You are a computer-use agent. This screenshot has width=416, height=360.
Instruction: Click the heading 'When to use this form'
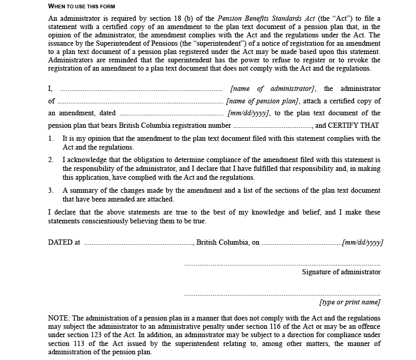(82, 6)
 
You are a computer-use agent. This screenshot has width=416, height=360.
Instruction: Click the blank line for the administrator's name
(141, 89)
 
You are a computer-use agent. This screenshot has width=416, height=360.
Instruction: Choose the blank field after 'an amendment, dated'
(172, 113)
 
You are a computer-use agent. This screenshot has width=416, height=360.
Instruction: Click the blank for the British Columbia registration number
(272, 125)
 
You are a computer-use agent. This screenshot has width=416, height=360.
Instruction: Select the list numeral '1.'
(51, 139)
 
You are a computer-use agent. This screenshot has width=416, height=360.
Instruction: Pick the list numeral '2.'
(51, 160)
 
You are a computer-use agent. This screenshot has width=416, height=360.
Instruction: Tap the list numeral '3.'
(51, 190)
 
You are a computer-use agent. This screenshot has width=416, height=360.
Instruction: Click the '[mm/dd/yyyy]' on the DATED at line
(362, 243)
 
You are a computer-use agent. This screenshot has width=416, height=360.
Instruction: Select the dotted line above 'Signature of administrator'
(282, 264)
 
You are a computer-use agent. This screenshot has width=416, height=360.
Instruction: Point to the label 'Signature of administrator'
(341, 272)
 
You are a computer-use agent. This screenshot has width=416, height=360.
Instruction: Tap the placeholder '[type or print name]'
(349, 302)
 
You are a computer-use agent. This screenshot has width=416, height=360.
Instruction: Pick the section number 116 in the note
(231, 326)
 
